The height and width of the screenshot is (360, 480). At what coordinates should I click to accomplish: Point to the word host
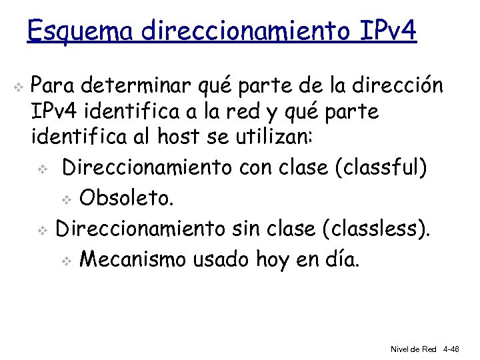tap(179, 138)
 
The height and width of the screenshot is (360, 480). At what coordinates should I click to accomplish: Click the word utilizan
tap(279, 138)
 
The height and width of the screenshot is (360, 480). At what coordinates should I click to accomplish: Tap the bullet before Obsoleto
tap(65, 199)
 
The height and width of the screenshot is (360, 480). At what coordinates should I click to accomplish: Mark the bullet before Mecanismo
tap(65, 261)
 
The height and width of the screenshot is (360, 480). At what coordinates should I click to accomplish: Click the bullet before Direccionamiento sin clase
tap(41, 230)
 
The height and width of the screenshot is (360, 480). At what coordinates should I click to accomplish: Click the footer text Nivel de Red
tap(413, 349)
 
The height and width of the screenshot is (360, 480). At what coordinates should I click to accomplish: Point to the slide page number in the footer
tap(451, 349)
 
